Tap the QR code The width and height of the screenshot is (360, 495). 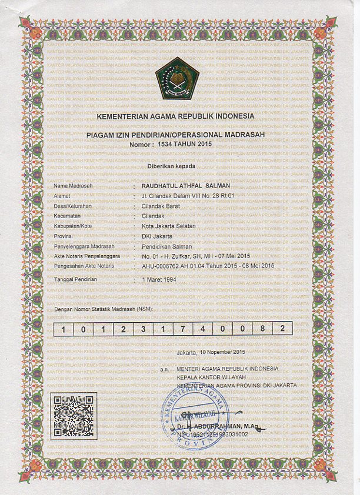pos(74,416)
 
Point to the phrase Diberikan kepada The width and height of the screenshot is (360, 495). pos(176,167)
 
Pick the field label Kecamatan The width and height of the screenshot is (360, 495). pos(67,216)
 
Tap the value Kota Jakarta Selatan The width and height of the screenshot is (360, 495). pos(163,226)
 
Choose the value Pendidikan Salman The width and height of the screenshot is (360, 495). pos(162,246)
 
